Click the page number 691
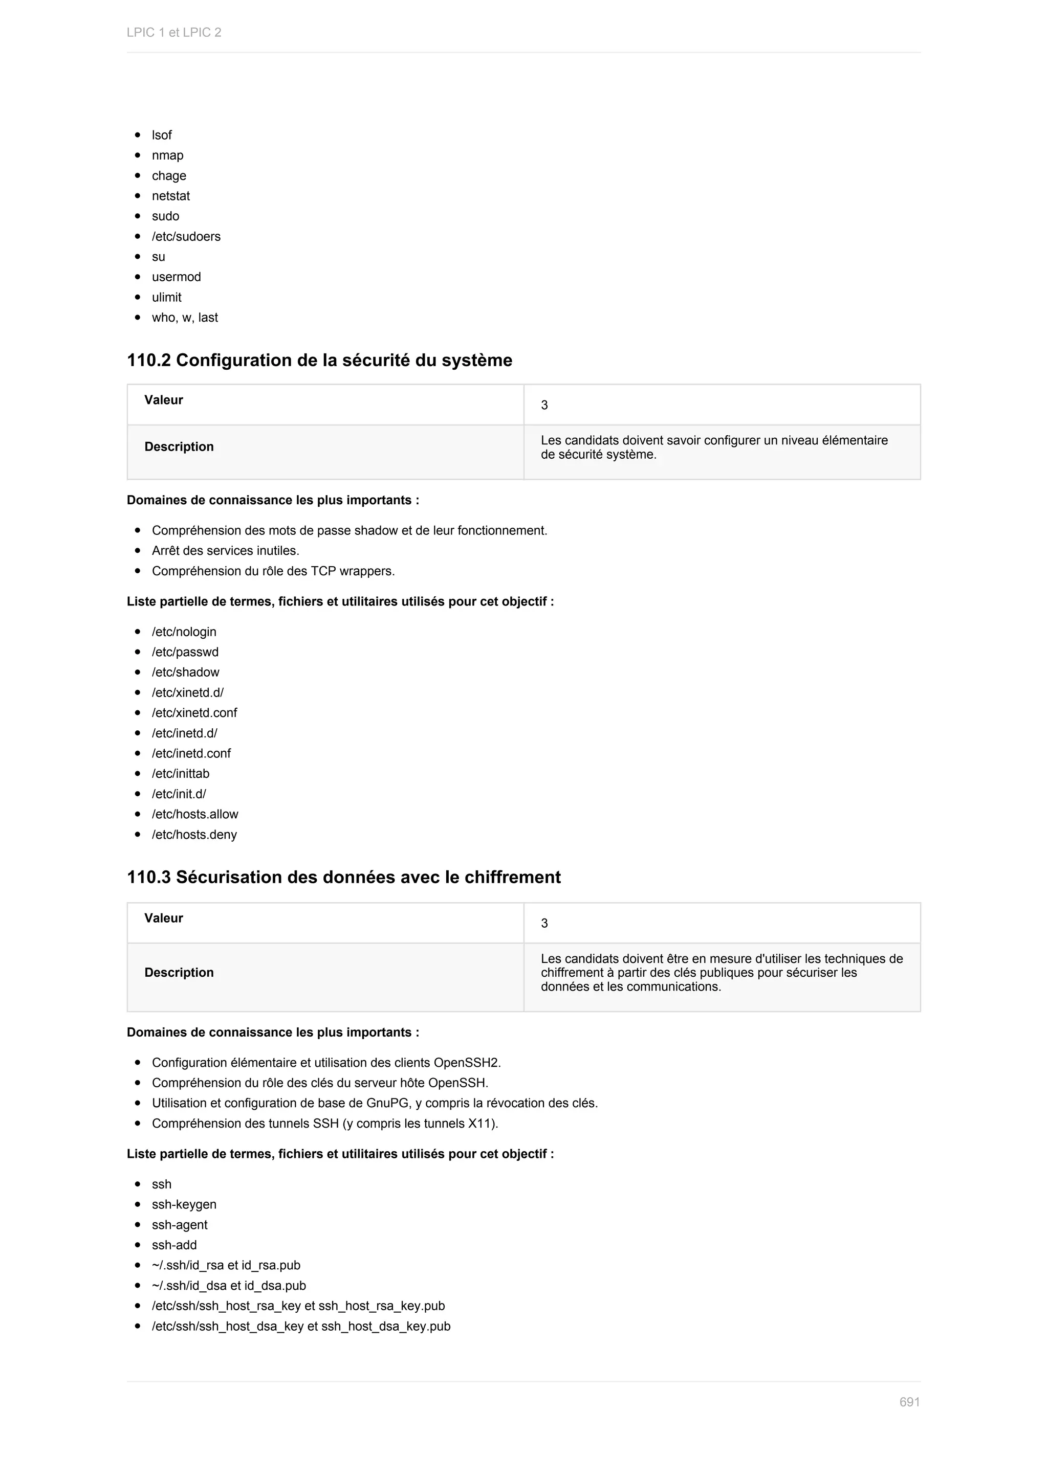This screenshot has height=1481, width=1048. [909, 1402]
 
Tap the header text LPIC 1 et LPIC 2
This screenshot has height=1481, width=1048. [173, 32]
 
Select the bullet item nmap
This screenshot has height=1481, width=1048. [167, 155]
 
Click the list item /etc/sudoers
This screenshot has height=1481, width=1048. [186, 237]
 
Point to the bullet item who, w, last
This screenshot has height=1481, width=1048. [185, 318]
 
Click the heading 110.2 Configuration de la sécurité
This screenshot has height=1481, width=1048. [319, 360]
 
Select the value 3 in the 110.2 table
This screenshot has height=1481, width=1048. [544, 405]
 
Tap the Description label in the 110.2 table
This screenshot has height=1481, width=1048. [179, 446]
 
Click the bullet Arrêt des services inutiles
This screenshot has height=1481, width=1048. [225, 551]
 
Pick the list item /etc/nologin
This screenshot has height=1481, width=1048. [184, 632]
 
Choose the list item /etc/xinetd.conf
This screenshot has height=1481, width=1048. [194, 713]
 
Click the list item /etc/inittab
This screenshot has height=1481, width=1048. [180, 773]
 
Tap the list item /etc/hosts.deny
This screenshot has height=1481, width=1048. [194, 835]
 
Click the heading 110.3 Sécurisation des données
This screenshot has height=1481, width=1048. [343, 877]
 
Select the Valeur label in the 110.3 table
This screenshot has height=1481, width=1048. [163, 918]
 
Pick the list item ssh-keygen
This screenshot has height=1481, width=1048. [184, 1204]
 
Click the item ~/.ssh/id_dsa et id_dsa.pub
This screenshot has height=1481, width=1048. [228, 1286]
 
